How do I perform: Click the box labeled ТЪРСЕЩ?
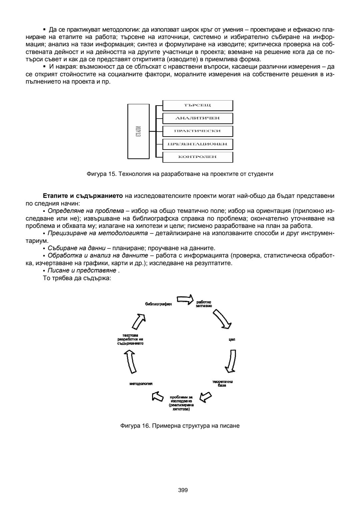[198, 106]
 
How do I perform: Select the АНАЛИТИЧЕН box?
[198, 118]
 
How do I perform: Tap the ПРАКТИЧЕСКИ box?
[198, 131]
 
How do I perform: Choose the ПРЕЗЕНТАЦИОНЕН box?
[198, 144]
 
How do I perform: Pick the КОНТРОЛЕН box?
[198, 157]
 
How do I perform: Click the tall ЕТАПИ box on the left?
[138, 131]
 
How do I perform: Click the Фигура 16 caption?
[180, 426]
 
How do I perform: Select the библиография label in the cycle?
[158, 304]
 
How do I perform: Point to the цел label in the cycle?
[232, 340]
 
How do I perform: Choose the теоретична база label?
[222, 383]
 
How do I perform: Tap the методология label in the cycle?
[141, 384]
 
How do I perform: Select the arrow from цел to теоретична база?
[231, 361]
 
